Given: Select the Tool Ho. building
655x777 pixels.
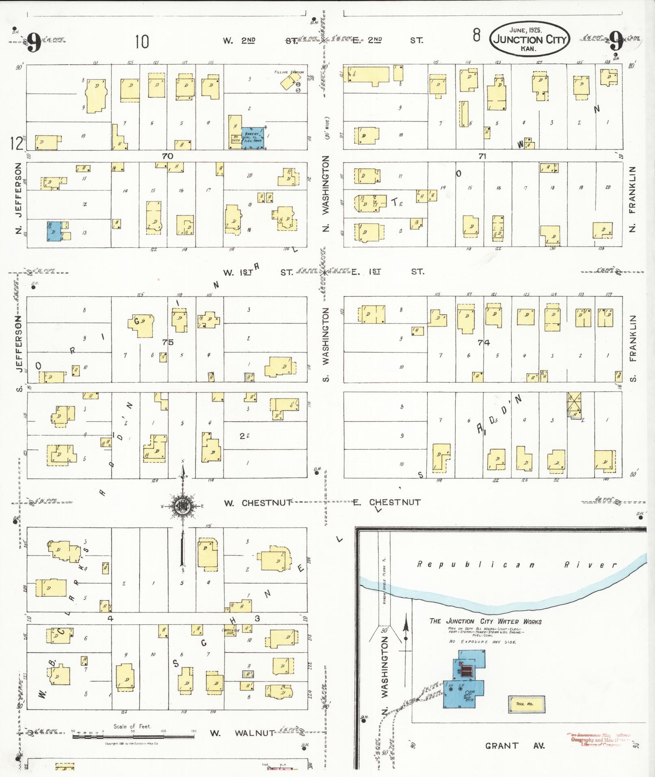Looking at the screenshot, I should pos(526,704).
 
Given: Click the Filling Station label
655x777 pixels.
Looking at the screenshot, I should pos(289,72).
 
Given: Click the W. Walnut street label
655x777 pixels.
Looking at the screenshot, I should pos(242,733).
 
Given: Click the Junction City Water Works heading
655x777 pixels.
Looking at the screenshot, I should pos(485,621).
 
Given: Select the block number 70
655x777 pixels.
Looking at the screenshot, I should pos(167,156).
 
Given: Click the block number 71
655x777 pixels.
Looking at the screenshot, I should pos(482,156).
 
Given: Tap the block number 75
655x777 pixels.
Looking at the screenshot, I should pos(168,342).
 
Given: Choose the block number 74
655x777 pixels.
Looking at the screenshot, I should pos(484,342).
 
